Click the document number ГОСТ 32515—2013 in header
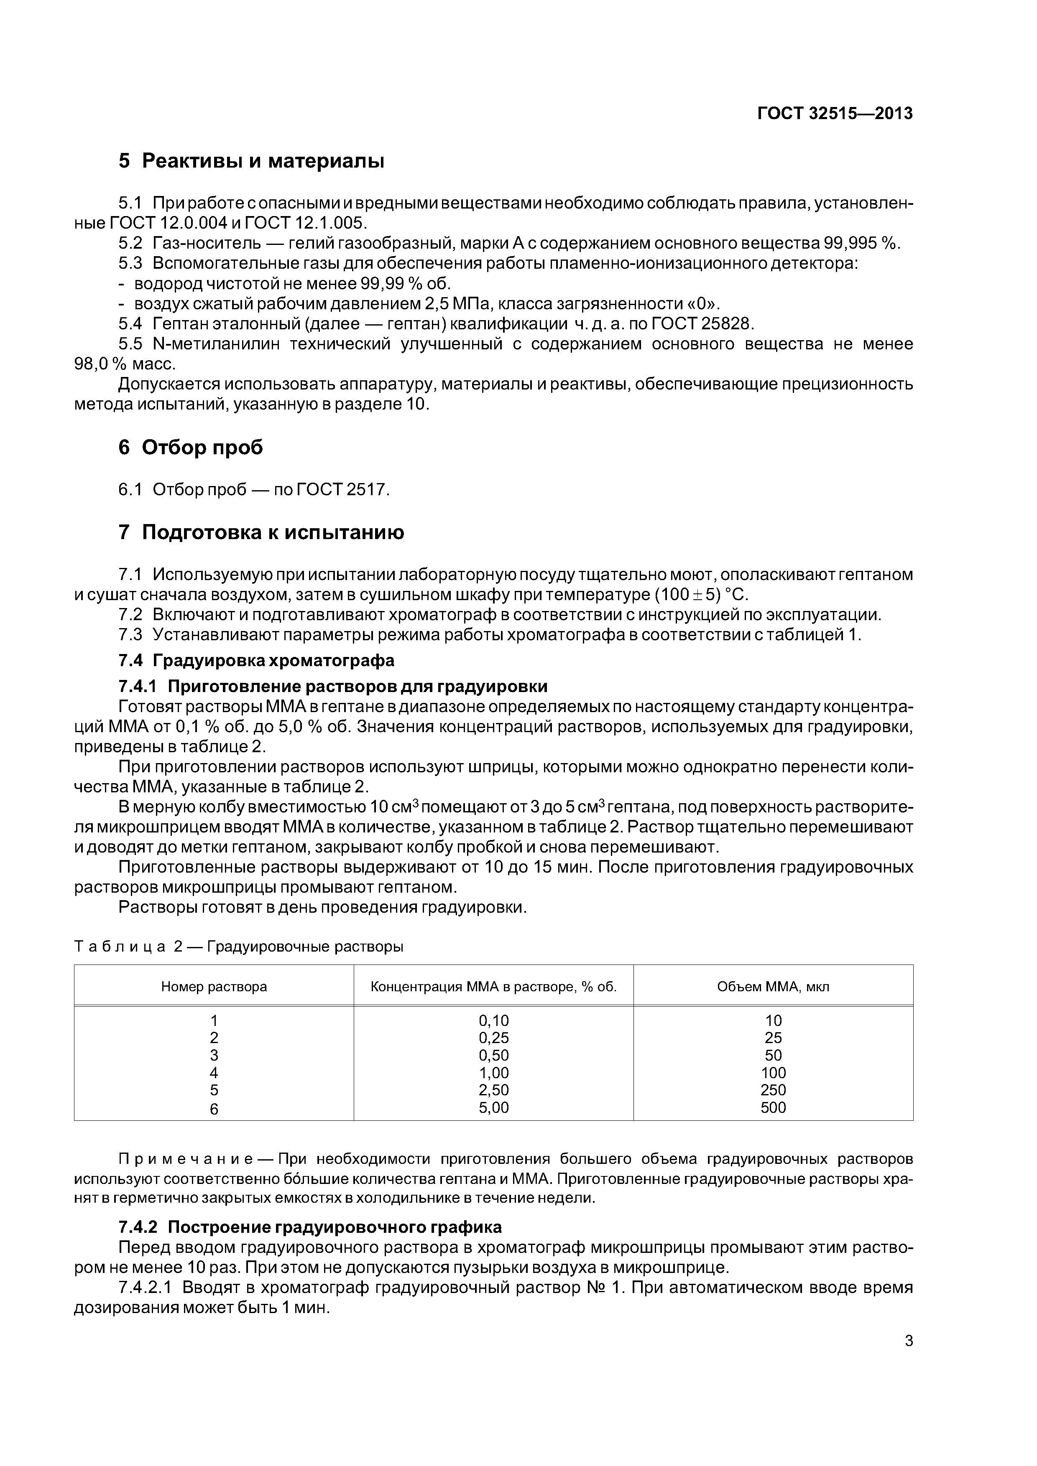coord(835,114)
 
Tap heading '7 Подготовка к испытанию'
coord(261,532)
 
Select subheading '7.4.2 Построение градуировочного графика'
coord(310,1227)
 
